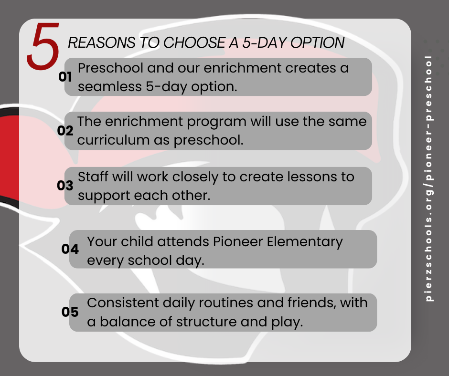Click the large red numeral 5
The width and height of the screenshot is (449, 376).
point(43,46)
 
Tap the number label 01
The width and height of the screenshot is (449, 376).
point(65,77)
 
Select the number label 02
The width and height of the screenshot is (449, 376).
point(65,130)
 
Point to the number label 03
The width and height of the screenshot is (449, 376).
point(65,186)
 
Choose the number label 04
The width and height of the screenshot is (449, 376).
point(70,249)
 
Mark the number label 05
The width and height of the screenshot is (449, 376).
point(70,312)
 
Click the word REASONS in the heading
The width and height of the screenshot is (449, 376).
point(102,42)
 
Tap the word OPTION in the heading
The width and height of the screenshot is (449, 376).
point(317,42)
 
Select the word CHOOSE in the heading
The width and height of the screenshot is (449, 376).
point(194,42)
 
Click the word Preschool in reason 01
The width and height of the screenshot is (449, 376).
point(110,68)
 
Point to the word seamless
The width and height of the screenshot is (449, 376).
point(110,86)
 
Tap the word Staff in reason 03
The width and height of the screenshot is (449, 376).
point(93,177)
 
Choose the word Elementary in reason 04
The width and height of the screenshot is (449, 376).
point(305,242)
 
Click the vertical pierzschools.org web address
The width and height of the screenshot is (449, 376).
point(428,178)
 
